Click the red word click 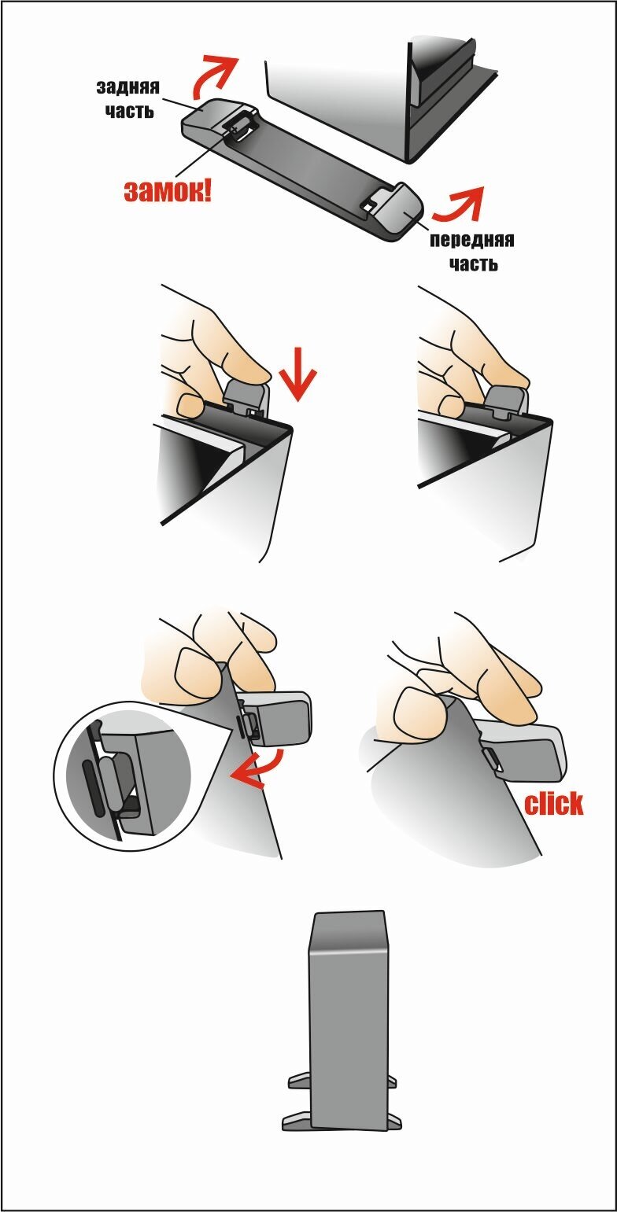tap(554, 804)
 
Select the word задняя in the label tap(128, 87)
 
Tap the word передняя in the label tap(472, 240)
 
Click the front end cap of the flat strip tap(397, 211)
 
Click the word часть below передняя tap(474, 264)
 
